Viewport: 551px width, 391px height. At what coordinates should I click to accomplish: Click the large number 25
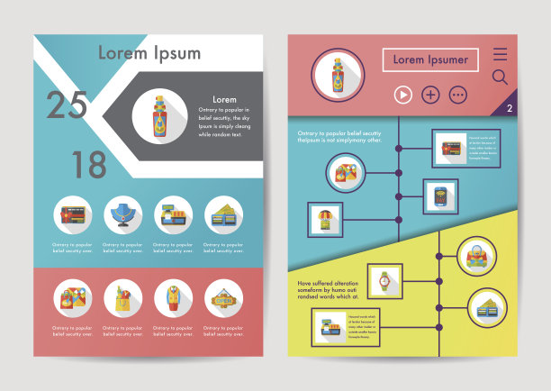[67, 105]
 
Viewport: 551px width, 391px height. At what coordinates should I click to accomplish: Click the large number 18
[89, 165]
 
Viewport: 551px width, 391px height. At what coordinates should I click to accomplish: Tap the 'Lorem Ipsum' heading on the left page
[149, 52]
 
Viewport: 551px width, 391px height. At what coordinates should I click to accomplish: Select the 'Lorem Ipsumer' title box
[430, 60]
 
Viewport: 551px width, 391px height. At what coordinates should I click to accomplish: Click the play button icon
[402, 95]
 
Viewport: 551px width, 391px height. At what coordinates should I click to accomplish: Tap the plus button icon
[430, 95]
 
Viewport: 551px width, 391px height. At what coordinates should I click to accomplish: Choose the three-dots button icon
[458, 95]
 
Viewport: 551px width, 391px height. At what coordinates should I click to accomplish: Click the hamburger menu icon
[500, 54]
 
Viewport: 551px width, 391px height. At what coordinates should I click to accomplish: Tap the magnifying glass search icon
[500, 77]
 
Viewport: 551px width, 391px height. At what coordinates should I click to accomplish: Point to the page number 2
[510, 108]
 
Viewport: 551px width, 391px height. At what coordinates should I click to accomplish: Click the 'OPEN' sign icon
[222, 297]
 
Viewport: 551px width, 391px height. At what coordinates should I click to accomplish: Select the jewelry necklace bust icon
[122, 214]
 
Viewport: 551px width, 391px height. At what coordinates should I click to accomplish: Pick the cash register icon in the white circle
[172, 214]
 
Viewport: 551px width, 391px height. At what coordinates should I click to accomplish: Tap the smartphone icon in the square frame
[440, 195]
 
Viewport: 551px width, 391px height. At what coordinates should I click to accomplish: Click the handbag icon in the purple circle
[475, 256]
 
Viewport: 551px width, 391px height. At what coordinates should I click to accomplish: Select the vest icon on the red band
[172, 297]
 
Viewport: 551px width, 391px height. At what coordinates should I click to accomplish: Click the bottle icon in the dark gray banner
[159, 115]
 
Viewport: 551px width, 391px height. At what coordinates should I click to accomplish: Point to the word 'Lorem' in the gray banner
[224, 99]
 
